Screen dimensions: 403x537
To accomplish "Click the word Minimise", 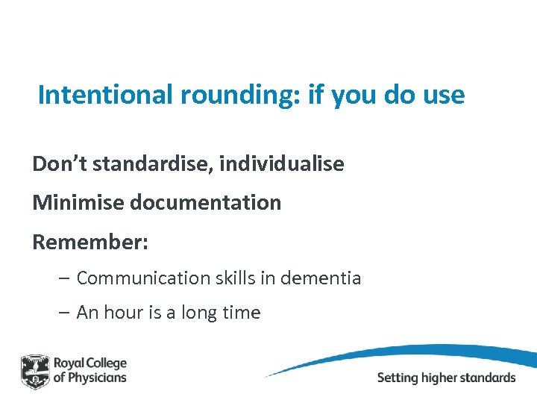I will tap(72, 202).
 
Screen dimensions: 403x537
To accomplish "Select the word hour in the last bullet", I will tap(123, 313).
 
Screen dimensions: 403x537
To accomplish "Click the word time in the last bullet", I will tap(240, 313).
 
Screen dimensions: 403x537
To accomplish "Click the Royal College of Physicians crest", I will tap(35, 371).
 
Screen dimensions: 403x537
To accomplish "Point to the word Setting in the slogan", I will tap(398, 377).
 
